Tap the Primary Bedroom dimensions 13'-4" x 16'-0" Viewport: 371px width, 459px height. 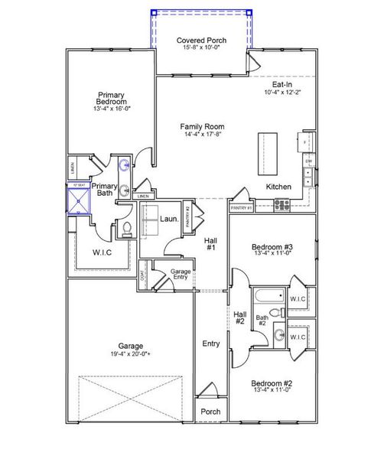click(x=112, y=109)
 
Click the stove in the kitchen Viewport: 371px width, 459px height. click(x=282, y=204)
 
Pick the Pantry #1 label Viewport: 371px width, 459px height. click(x=241, y=208)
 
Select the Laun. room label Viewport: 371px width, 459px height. click(x=170, y=219)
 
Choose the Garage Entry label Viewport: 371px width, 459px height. click(x=181, y=274)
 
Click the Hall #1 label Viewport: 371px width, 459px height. click(x=212, y=244)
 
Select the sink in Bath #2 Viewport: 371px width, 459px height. click(x=281, y=336)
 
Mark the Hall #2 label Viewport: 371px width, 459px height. click(x=239, y=317)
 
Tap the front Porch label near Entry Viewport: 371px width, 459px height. click(x=210, y=412)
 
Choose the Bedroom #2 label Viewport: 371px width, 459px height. click(x=272, y=383)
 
